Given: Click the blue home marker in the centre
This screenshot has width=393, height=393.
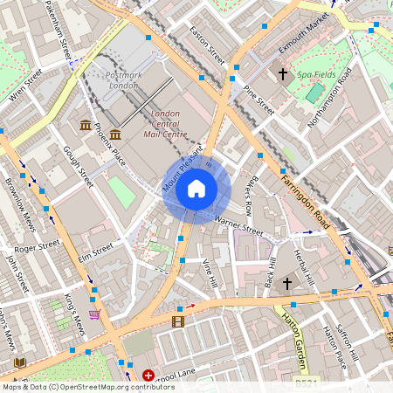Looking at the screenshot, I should pyautogui.click(x=196, y=189).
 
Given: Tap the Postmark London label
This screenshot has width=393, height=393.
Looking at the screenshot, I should pyautogui.click(x=123, y=80).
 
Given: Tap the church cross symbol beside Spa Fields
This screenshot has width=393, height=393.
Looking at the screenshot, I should pyautogui.click(x=282, y=74).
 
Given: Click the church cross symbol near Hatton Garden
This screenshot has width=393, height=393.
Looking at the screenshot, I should pyautogui.click(x=286, y=282).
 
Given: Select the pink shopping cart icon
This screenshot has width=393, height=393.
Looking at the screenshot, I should pyautogui.click(x=94, y=314).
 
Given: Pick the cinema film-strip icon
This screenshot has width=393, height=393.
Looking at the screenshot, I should pyautogui.click(x=178, y=322).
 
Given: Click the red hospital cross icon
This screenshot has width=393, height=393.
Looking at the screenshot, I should pyautogui.click(x=148, y=376).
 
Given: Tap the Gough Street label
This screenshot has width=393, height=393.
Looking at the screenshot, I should pyautogui.click(x=78, y=167).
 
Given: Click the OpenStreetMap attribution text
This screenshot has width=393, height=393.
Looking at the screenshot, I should pyautogui.click(x=88, y=386).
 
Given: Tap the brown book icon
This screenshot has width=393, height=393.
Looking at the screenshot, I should pyautogui.click(x=20, y=362).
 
